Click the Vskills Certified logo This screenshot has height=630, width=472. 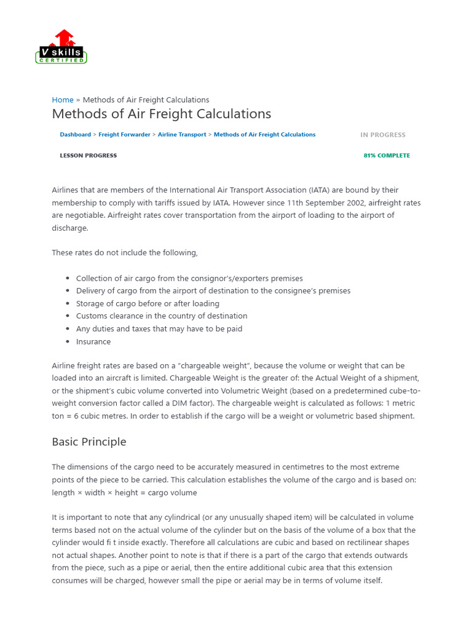click(61, 47)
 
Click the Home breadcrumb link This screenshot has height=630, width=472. click(63, 100)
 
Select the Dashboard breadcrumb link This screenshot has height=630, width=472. click(75, 134)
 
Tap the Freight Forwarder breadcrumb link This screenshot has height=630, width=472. click(124, 134)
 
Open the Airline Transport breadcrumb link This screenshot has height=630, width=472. click(182, 134)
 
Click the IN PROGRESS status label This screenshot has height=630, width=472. click(383, 135)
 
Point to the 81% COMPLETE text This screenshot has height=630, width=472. click(387, 156)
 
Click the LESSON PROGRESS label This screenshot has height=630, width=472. click(88, 156)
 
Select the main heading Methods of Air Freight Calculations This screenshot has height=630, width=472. click(162, 114)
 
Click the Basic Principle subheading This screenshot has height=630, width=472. click(89, 442)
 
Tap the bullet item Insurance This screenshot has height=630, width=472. click(93, 341)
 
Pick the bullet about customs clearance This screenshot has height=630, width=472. click(162, 316)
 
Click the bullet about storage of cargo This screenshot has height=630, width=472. click(147, 303)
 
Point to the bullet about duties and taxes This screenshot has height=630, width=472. click(159, 329)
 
